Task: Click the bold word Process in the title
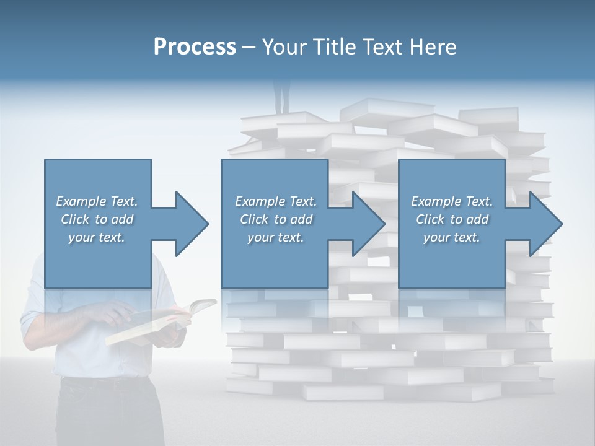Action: click(195, 47)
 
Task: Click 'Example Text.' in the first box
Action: click(97, 201)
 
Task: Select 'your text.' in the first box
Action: click(97, 237)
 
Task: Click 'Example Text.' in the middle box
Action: click(275, 201)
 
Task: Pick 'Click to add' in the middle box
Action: click(275, 219)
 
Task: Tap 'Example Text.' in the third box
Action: click(452, 201)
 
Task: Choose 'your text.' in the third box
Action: click(452, 237)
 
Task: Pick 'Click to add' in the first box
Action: click(97, 219)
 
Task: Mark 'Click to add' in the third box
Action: click(452, 219)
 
